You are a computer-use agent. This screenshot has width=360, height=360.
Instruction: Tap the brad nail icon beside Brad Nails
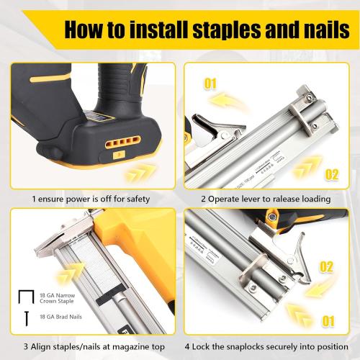pyautogui.click(x=26, y=317)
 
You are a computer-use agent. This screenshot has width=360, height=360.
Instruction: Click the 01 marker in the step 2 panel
pyautogui.click(x=210, y=85)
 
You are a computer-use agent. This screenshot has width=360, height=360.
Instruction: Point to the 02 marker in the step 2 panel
pyautogui.click(x=332, y=174)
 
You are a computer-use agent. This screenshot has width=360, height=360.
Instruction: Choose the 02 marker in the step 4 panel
pyautogui.click(x=326, y=267)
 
